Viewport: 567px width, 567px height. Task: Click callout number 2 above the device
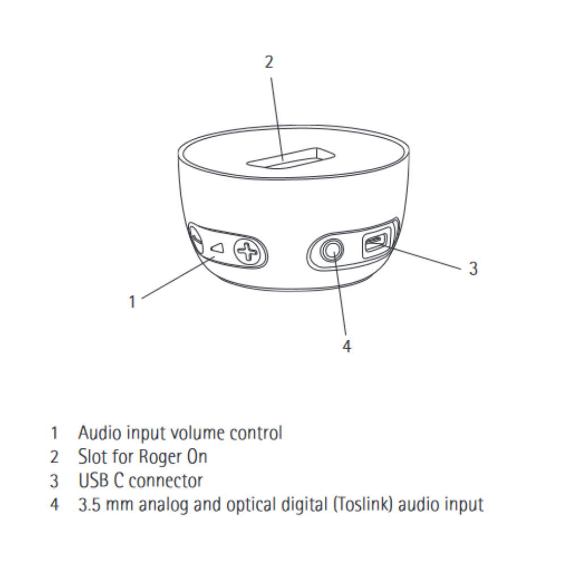269,62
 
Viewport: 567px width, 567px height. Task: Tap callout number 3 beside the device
473,268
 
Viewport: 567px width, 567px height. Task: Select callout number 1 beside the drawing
132,301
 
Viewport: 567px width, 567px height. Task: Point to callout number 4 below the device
346,346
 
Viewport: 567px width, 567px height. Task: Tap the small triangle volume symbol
217,248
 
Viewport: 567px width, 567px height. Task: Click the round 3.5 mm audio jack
332,250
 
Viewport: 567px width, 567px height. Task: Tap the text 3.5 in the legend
89,505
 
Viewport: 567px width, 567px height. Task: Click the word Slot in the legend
90,456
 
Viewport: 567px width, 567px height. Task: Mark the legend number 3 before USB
54,481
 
